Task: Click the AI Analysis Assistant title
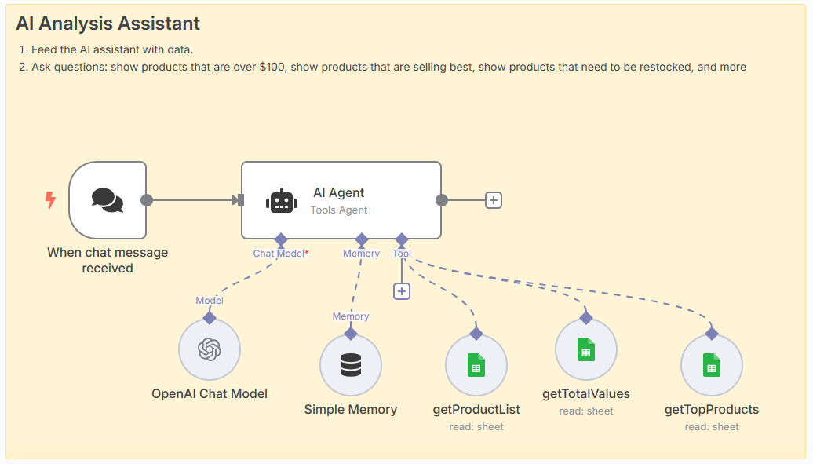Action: [108, 24]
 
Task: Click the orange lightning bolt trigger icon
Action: [50, 200]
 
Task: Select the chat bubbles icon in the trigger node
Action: [108, 200]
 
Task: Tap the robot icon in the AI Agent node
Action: [282, 201]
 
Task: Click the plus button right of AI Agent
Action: [493, 200]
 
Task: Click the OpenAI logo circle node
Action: [210, 349]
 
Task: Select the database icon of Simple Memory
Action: [351, 365]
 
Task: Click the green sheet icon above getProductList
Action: [476, 365]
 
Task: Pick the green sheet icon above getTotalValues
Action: [586, 349]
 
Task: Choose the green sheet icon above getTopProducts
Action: [711, 365]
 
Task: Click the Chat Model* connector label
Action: [280, 254]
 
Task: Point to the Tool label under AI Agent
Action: [402, 254]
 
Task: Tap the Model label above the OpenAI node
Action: [210, 301]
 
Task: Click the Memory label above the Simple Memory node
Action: [351, 316]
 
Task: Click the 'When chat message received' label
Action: [108, 260]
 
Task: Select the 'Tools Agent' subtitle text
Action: [338, 210]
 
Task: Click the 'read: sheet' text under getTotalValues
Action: [586, 411]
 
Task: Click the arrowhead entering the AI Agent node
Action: [235, 200]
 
